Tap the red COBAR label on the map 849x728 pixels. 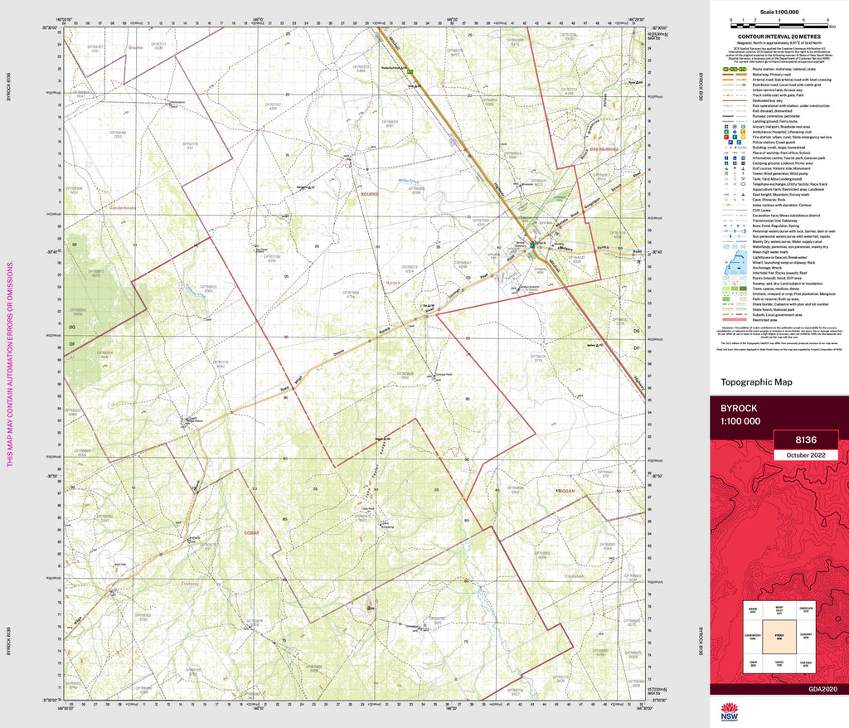pos(252,532)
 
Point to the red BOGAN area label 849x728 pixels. pos(566,491)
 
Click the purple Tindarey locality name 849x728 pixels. pos(192,583)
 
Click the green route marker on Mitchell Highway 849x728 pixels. pos(410,73)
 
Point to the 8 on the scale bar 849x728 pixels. pos(829,18)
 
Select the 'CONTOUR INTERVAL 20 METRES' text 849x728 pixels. pos(779,37)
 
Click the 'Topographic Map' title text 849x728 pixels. pos(756,382)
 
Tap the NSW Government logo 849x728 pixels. pos(730,712)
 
